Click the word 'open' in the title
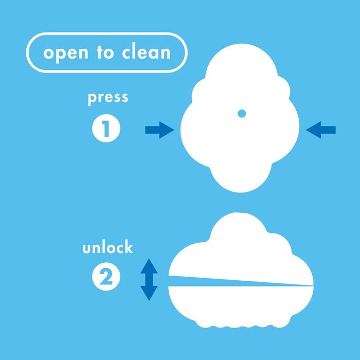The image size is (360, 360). pos(66,55)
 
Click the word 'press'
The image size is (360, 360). pos(108,98)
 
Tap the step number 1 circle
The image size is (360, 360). pos(106,128)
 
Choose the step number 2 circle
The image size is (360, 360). pos(106,277)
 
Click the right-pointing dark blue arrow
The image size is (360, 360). pos(159,130)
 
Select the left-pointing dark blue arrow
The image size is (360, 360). pos(321,130)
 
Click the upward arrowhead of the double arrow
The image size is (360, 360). pos(149,266)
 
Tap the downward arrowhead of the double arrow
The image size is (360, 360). pos(149,294)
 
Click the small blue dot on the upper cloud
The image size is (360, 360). pos(242,114)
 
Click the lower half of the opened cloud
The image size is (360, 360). pos(241,305)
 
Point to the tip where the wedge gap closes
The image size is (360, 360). pos(313,286)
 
